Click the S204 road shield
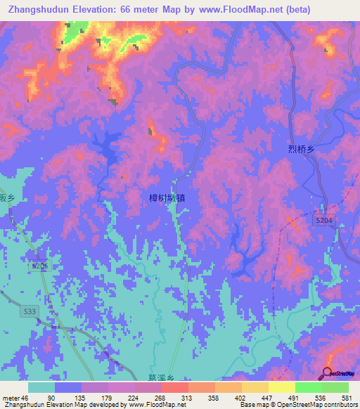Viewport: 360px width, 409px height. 323,220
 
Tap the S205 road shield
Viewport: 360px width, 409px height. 40,266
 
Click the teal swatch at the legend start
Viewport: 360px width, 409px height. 41,387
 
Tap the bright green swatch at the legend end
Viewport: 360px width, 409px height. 335,387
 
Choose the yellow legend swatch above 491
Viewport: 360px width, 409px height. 281,387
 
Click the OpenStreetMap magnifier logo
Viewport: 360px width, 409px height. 328,373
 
